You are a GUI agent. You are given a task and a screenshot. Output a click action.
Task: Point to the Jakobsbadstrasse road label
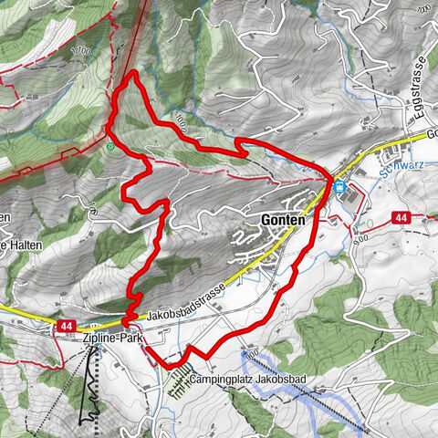(x=183, y=311)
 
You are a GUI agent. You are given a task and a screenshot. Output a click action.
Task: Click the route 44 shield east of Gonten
(x=401, y=217)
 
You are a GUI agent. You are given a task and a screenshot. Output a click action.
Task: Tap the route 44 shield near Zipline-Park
(x=66, y=324)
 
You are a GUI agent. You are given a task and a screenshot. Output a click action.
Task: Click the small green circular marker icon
(x=110, y=146)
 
